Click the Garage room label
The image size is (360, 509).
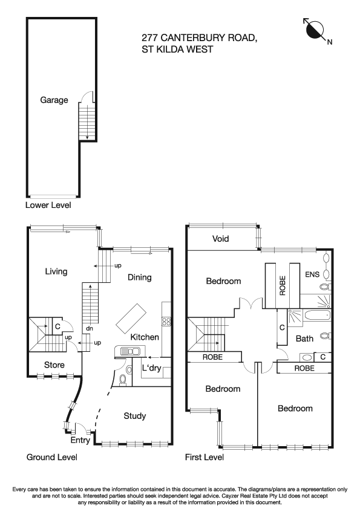(x=54, y=100)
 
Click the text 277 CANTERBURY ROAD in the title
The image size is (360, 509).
(x=200, y=38)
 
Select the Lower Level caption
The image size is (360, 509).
(x=48, y=206)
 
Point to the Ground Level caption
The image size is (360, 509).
(x=51, y=458)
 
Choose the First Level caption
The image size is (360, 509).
(x=204, y=458)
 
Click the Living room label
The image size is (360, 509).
(x=56, y=271)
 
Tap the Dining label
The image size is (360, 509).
(x=139, y=277)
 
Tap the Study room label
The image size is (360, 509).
(x=134, y=416)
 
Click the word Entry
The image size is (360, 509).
(x=80, y=441)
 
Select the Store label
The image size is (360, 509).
(x=54, y=365)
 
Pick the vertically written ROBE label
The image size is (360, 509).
(x=283, y=285)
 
